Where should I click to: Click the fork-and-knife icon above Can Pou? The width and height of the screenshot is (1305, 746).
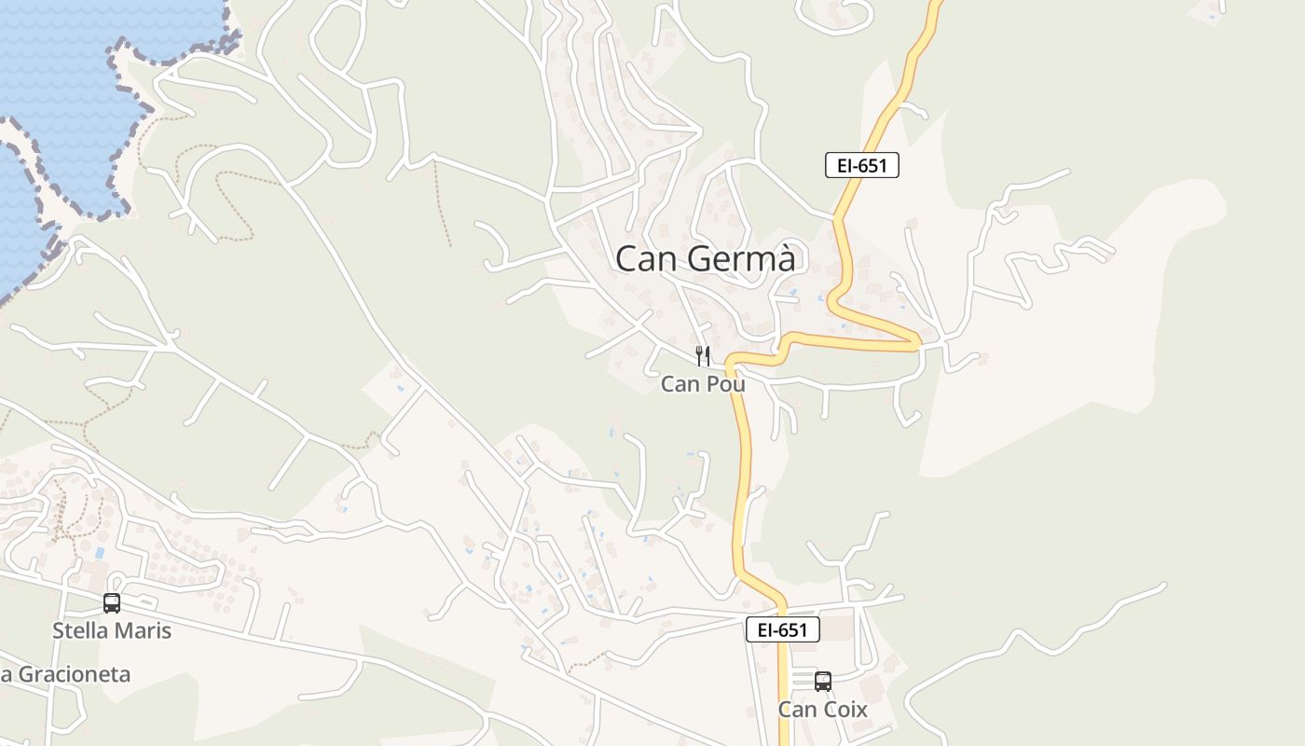[x=703, y=355]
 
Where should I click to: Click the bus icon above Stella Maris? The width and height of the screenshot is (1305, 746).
[x=112, y=603]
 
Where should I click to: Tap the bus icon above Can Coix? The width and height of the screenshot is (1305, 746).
[x=822, y=682]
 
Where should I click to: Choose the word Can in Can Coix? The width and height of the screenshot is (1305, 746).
[x=798, y=710]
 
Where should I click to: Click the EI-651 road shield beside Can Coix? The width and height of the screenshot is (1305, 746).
[x=783, y=629]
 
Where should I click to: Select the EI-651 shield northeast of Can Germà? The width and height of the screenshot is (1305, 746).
[x=862, y=166]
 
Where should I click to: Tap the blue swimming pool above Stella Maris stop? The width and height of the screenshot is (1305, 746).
[x=99, y=553]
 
